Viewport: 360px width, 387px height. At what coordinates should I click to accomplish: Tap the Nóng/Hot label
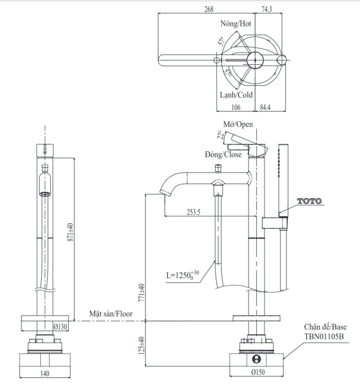click(236, 24)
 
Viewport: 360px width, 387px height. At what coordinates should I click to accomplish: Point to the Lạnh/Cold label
click(236, 95)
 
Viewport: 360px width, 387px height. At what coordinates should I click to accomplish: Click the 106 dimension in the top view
click(236, 107)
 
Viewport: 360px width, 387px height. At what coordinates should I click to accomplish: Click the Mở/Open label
click(238, 124)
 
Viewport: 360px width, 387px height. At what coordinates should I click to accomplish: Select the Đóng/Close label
click(222, 153)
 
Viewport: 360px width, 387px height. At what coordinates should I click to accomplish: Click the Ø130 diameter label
click(61, 326)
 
